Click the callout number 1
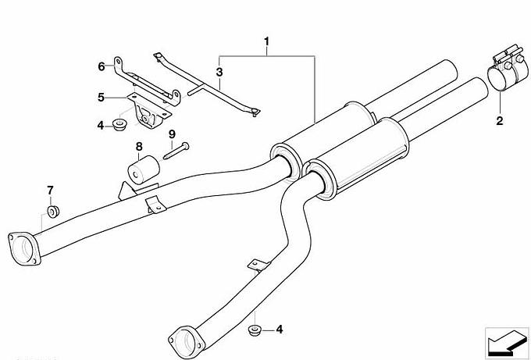[267, 41]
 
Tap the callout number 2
[500, 120]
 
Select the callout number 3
[219, 72]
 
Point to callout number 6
[102, 66]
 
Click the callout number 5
[101, 98]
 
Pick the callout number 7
[50, 191]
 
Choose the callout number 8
[139, 147]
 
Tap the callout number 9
[172, 134]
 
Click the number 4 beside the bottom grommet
[280, 330]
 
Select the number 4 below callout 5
[101, 126]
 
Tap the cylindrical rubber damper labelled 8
[143, 169]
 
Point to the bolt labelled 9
[176, 151]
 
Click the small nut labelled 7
[53, 212]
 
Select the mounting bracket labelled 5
[149, 110]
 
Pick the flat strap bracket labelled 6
[147, 81]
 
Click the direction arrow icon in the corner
[507, 343]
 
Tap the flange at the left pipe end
[23, 248]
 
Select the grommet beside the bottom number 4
[255, 330]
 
